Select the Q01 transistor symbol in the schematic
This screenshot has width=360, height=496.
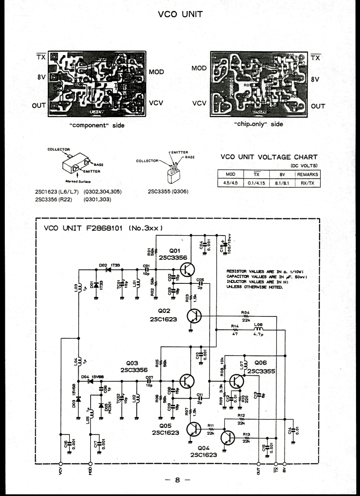[x=190, y=270]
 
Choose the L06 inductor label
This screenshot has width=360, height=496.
[x=259, y=325]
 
